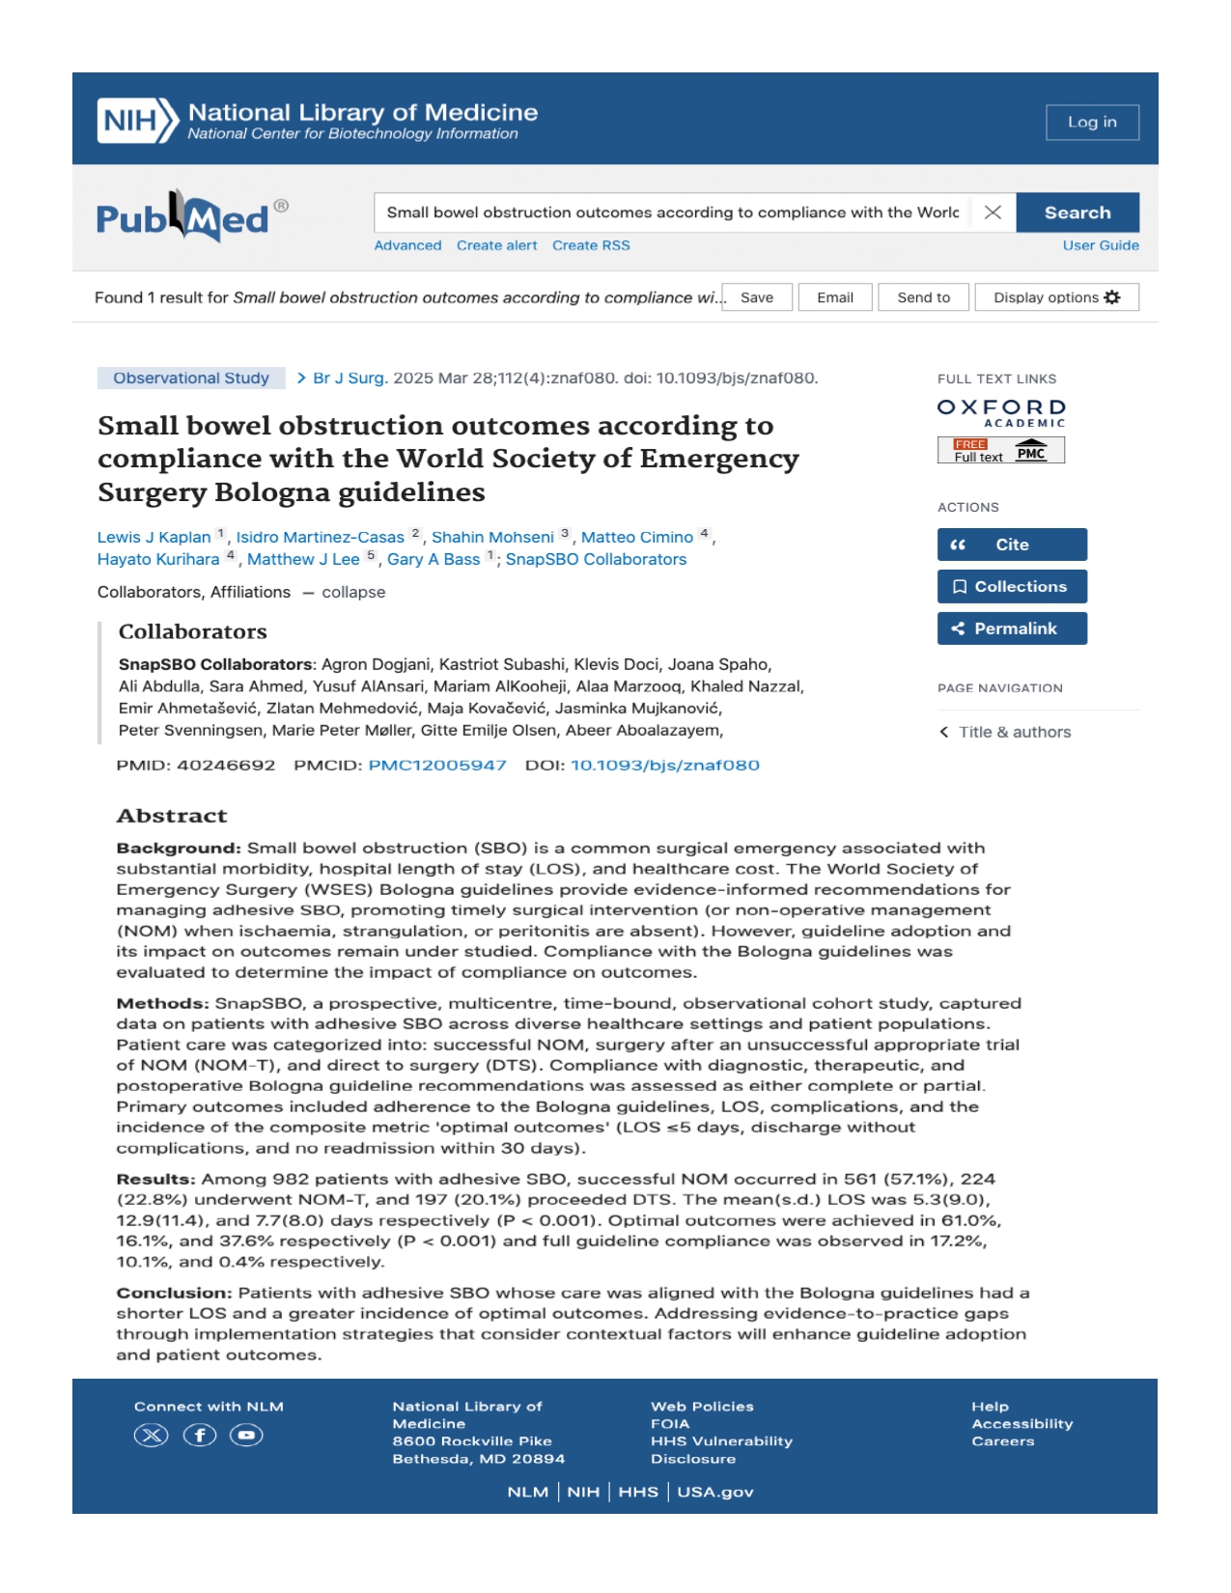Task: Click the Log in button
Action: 1091,123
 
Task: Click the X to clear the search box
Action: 992,212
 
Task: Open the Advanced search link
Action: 407,245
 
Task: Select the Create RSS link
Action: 591,245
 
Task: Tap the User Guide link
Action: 1100,245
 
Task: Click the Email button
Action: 834,297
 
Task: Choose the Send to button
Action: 923,297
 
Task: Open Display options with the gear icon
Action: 1056,297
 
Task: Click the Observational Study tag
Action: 191,377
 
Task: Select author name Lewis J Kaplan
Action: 154,537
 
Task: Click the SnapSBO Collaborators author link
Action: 596,559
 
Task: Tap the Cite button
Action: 1011,545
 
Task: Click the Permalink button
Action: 1011,629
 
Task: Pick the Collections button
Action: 1011,586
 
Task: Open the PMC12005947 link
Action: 437,765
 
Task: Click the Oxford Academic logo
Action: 1001,413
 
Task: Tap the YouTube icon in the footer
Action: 246,1436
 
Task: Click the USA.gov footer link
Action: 714,1492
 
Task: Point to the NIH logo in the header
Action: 138,121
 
